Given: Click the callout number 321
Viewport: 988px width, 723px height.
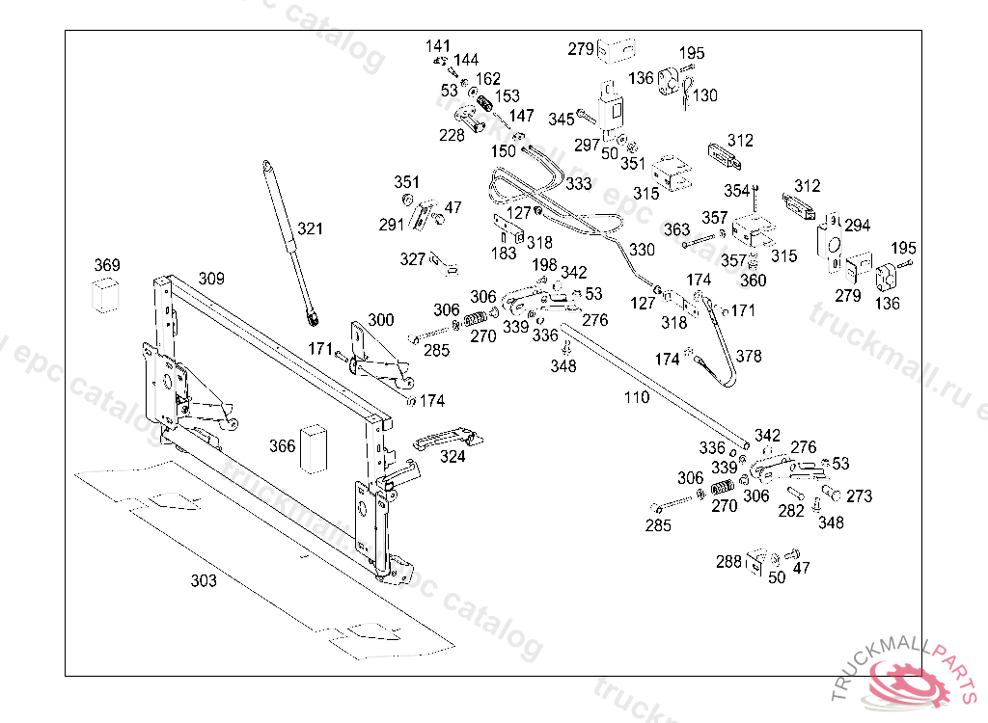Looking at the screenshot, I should coord(310,229).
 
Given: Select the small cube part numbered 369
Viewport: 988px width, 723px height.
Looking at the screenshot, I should coord(106,295).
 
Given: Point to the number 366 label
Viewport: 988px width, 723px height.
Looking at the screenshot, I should coord(282,446).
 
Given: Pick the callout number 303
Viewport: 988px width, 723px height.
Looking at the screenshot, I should coord(204,581).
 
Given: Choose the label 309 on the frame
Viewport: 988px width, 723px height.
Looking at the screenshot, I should coord(211,279).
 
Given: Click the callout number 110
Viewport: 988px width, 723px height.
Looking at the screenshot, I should coord(637,396).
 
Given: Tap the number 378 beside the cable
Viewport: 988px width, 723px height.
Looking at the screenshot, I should coord(749,356).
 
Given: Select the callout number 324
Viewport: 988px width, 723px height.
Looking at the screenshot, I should coord(453,457).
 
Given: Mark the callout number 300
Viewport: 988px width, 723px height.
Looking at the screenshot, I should coord(381,319).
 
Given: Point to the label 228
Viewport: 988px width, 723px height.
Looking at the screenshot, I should coord(452,135).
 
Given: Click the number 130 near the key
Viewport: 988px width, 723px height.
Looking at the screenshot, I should coord(705,95).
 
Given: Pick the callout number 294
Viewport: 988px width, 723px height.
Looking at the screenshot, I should coord(858,226).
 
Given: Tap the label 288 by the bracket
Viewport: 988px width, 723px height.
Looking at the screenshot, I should coord(728,560).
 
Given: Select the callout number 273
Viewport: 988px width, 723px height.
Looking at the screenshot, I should coord(859,496).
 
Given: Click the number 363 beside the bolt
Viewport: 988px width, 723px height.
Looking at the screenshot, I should coord(676,229).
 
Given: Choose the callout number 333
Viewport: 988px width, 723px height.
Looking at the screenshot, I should coord(579,183).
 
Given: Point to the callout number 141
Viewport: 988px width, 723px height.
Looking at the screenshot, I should coord(438,46).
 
